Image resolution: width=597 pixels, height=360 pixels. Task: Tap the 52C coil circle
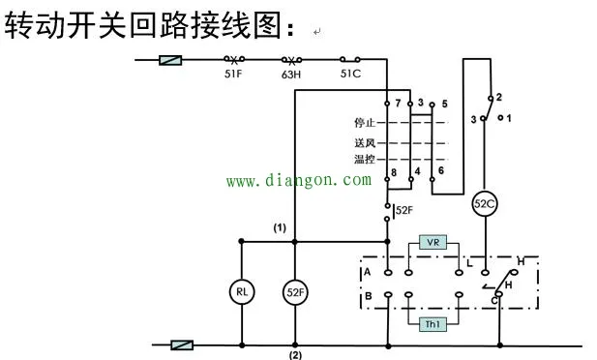[x=483, y=204]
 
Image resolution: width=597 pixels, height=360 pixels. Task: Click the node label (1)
[x=280, y=228]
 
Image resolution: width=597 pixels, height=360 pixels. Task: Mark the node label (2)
[x=295, y=354]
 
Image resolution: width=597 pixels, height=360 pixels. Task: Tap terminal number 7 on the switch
[x=397, y=103]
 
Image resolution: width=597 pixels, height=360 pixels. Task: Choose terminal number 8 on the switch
[x=393, y=172]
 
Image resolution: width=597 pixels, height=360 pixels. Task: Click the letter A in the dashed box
[x=368, y=273]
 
